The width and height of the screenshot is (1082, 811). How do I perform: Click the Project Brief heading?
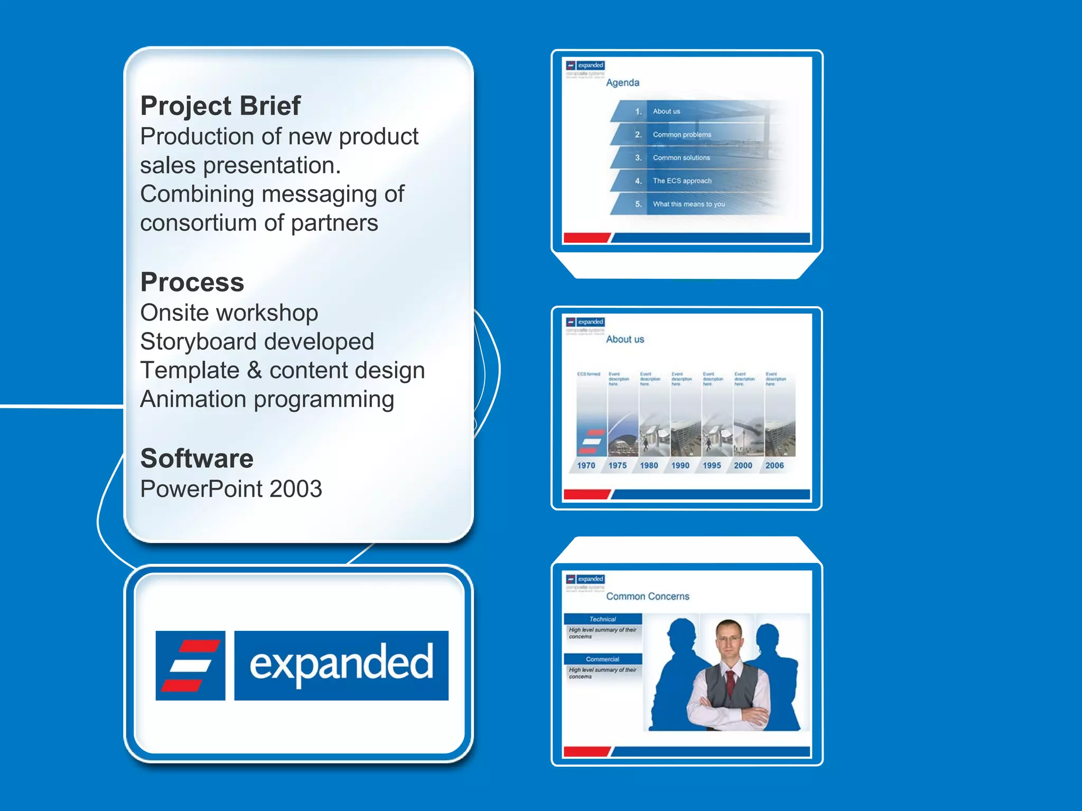pyautogui.click(x=220, y=106)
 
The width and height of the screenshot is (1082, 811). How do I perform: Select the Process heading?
pyautogui.click(x=192, y=282)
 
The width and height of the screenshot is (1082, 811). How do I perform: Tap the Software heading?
pyautogui.click(x=197, y=458)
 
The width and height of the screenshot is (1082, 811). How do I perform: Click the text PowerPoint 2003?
pyautogui.click(x=231, y=489)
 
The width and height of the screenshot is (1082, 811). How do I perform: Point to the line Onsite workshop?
pyautogui.click(x=229, y=313)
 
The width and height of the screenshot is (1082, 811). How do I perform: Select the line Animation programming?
pyautogui.click(x=267, y=400)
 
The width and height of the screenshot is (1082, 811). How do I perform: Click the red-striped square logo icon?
pyautogui.click(x=190, y=665)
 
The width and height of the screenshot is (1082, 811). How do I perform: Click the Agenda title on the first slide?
pyautogui.click(x=622, y=83)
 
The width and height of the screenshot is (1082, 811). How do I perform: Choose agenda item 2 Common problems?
pyautogui.click(x=682, y=135)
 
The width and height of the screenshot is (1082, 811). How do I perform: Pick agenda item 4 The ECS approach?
pyautogui.click(x=682, y=181)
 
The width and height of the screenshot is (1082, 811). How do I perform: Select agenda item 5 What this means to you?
pyautogui.click(x=688, y=204)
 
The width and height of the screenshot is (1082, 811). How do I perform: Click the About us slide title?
pyautogui.click(x=625, y=340)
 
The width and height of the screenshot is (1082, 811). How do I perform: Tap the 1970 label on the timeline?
pyautogui.click(x=586, y=466)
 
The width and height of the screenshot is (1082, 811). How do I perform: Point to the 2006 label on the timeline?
pyautogui.click(x=775, y=466)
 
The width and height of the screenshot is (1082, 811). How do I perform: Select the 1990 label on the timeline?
pyautogui.click(x=680, y=466)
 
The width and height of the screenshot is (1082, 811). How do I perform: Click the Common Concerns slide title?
pyautogui.click(x=648, y=597)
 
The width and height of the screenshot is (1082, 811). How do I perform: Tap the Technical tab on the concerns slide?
pyautogui.click(x=602, y=619)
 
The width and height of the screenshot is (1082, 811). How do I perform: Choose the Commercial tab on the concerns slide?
pyautogui.click(x=602, y=659)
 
